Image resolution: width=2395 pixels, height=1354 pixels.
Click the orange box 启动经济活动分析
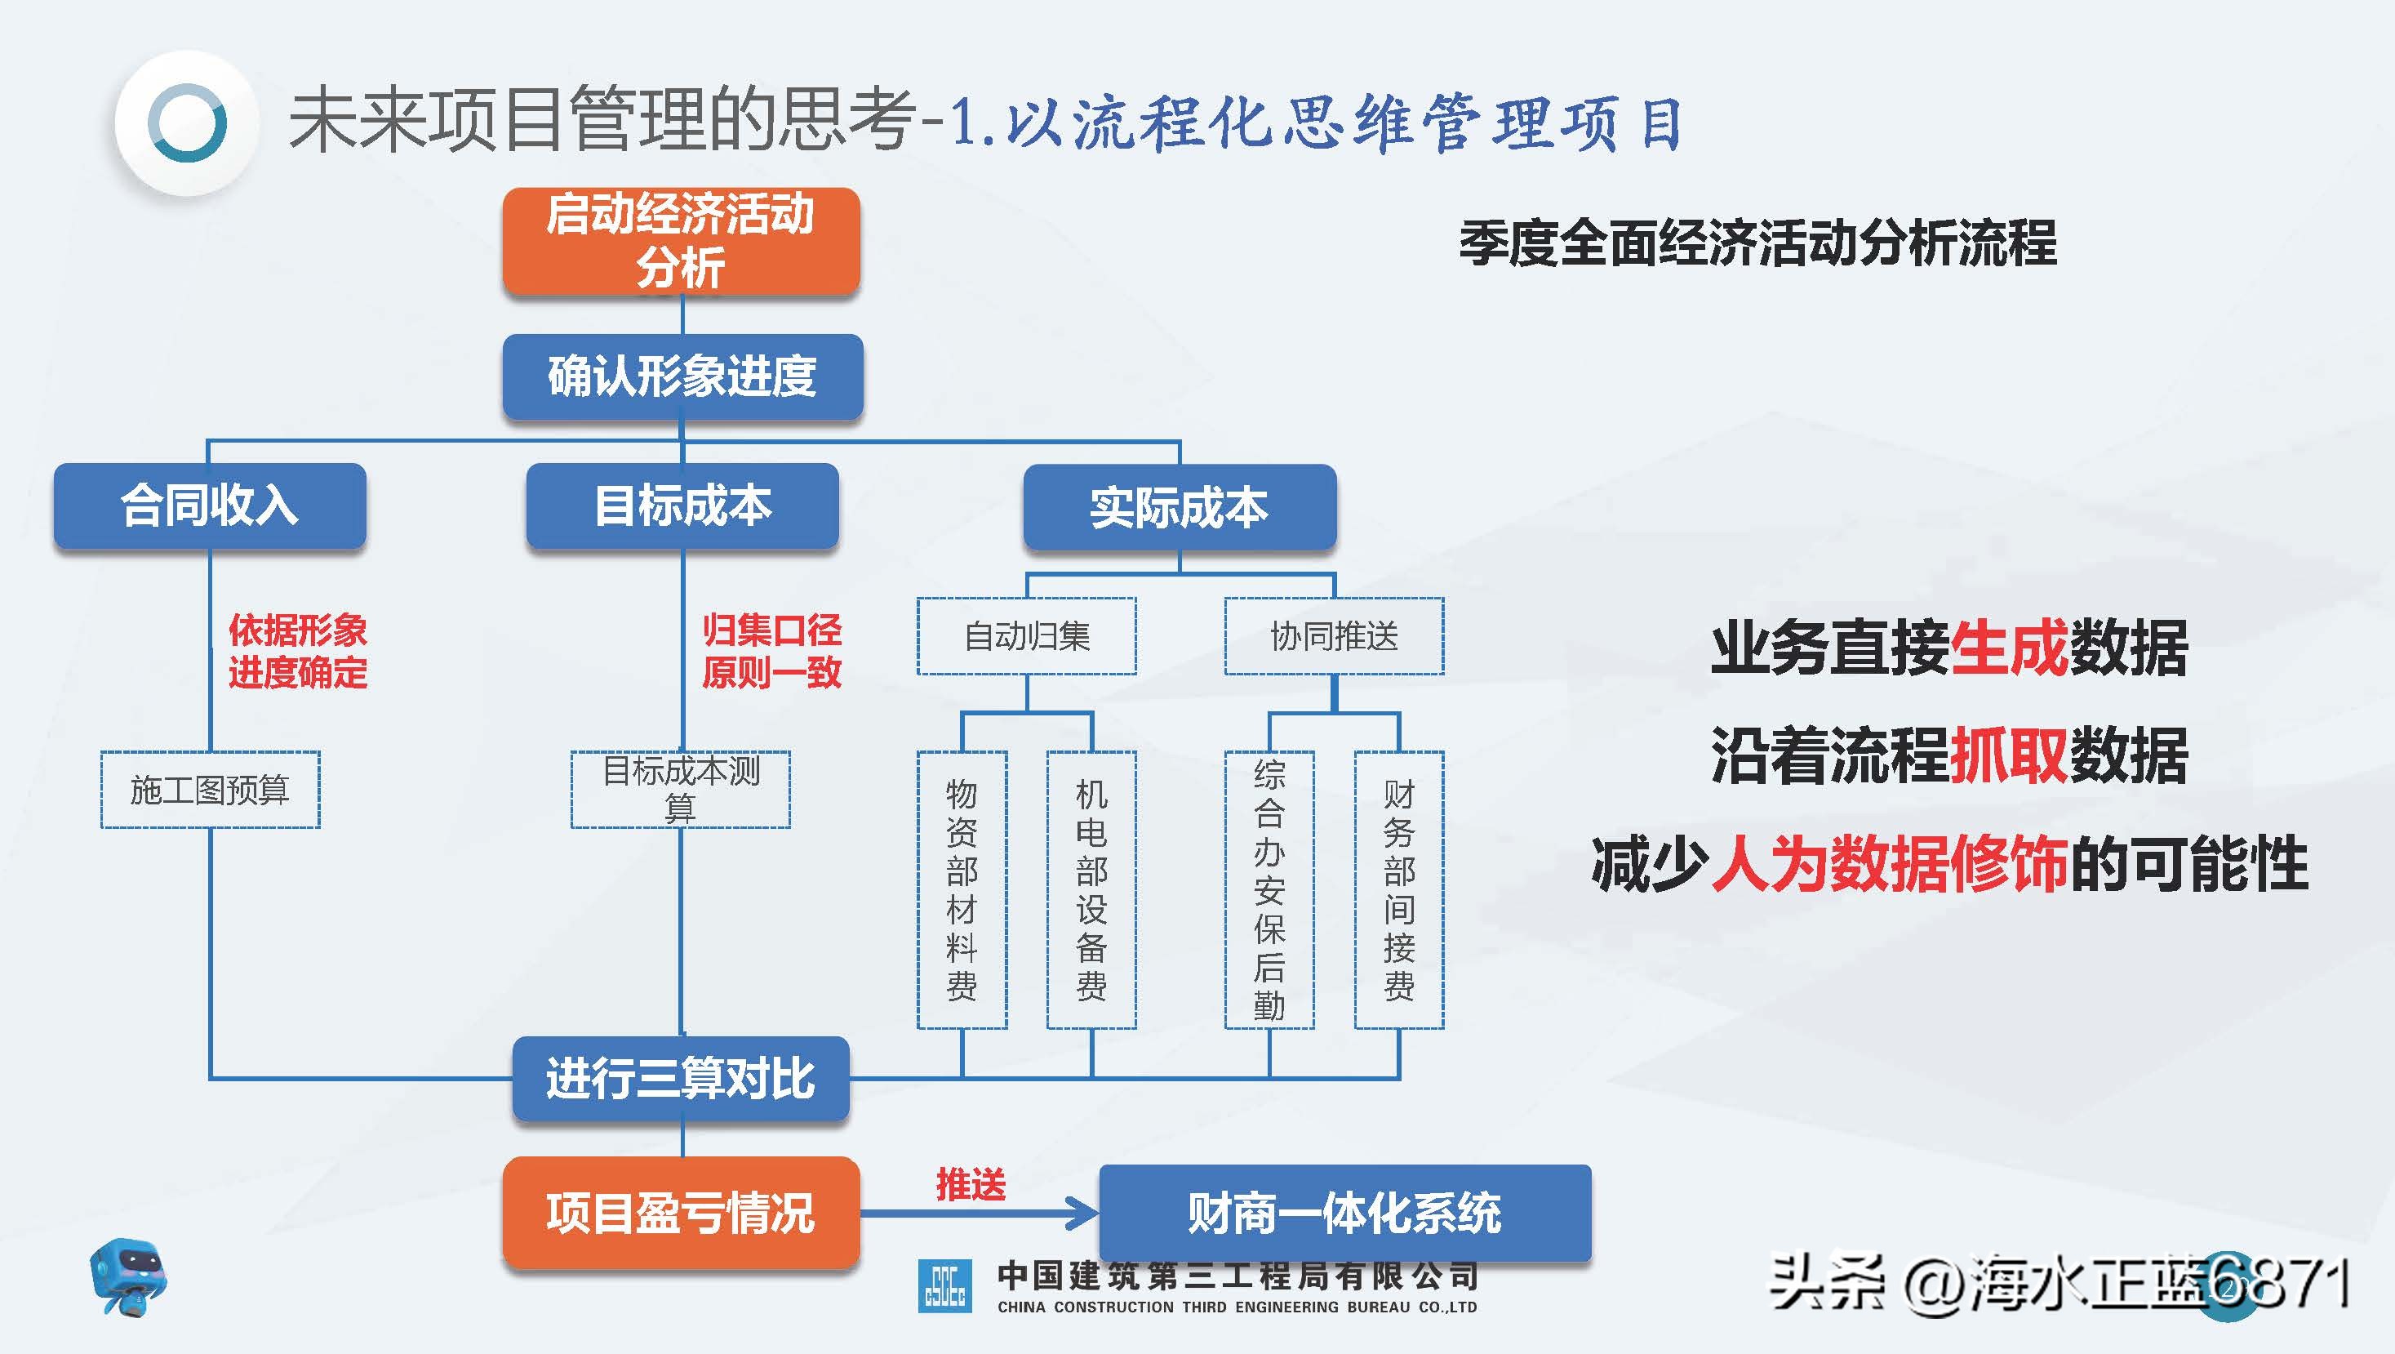(x=681, y=241)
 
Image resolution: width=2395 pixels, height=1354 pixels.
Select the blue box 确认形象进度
(x=682, y=376)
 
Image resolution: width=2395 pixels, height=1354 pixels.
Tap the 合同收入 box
(x=209, y=506)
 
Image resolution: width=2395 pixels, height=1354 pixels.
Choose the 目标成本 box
(x=682, y=506)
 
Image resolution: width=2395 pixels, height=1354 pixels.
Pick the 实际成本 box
(x=1179, y=508)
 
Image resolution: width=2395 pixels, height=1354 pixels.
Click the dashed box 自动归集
(x=1026, y=636)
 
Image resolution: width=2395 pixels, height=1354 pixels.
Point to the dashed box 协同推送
(x=1333, y=636)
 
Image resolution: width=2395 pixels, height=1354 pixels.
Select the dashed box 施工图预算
(x=210, y=790)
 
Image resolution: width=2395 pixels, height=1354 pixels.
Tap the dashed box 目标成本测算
(x=681, y=790)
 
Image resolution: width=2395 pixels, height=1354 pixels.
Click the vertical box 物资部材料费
(x=962, y=890)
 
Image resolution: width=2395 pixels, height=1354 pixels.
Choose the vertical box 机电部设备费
(x=1091, y=890)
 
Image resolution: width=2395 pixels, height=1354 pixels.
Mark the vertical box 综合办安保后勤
(x=1269, y=890)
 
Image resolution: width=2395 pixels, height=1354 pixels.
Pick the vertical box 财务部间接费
(x=1398, y=890)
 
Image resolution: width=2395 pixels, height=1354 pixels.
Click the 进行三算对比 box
(x=681, y=1079)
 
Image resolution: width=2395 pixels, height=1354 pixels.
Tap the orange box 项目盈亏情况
(x=681, y=1213)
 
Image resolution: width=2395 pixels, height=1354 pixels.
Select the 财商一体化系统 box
(x=1344, y=1213)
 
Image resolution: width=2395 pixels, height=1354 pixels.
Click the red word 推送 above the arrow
(x=971, y=1185)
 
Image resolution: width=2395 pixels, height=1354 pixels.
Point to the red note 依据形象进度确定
(x=297, y=651)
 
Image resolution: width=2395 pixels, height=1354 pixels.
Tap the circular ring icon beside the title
(x=187, y=122)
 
